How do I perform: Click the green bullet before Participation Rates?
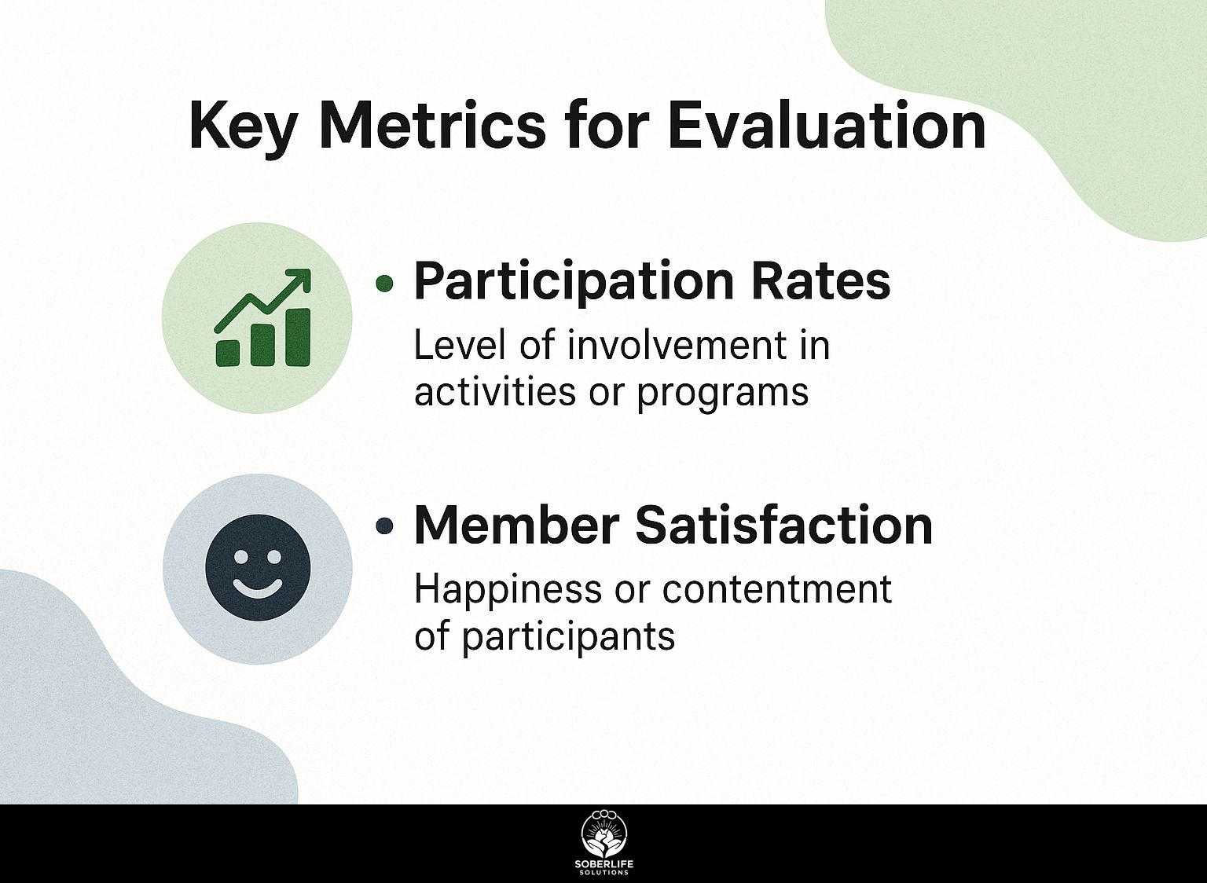(383, 283)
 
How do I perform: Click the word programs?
(723, 394)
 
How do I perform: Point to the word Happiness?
(508, 591)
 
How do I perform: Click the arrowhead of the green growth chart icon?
(299, 280)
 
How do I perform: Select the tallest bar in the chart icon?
(298, 337)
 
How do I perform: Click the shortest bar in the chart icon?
(228, 354)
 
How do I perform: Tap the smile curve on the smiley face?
(258, 589)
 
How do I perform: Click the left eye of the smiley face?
(239, 555)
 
